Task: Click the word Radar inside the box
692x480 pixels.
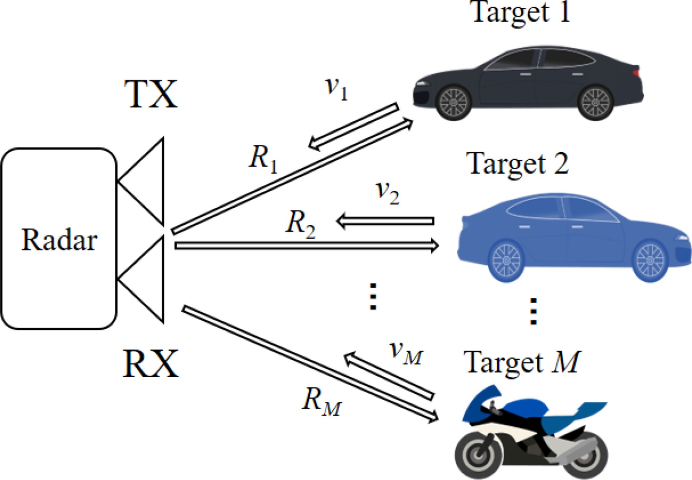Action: (59, 240)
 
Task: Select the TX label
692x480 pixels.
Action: (151, 94)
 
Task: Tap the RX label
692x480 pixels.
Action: (151, 364)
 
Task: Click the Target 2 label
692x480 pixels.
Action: (518, 164)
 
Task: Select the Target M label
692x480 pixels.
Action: (521, 363)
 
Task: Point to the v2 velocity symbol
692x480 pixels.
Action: (387, 192)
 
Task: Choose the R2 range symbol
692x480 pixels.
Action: (300, 224)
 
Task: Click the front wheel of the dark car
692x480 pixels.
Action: (453, 102)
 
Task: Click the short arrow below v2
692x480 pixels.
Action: (385, 221)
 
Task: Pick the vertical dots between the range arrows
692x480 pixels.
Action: (373, 297)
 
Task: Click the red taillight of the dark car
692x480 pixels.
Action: (637, 73)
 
